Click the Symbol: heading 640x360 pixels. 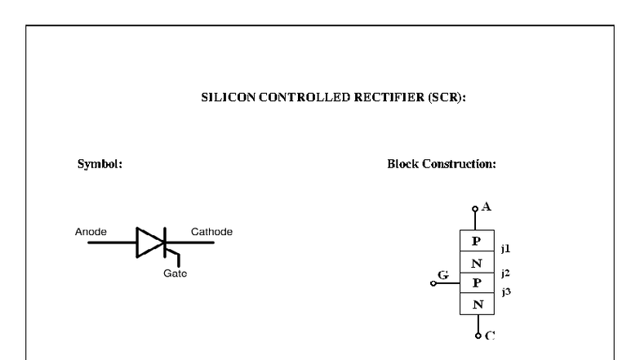(100, 163)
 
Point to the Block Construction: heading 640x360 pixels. (442, 163)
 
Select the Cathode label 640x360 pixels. (211, 232)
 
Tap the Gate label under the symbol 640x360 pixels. (175, 273)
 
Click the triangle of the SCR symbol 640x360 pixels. (149, 242)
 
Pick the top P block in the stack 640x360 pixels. (478, 242)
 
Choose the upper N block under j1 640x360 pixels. (478, 263)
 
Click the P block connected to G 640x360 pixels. (478, 283)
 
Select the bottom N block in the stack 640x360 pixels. (478, 304)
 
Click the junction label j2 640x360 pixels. (507, 273)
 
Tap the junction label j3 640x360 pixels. (507, 291)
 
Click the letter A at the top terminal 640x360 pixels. (487, 207)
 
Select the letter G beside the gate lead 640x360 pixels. (443, 275)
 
